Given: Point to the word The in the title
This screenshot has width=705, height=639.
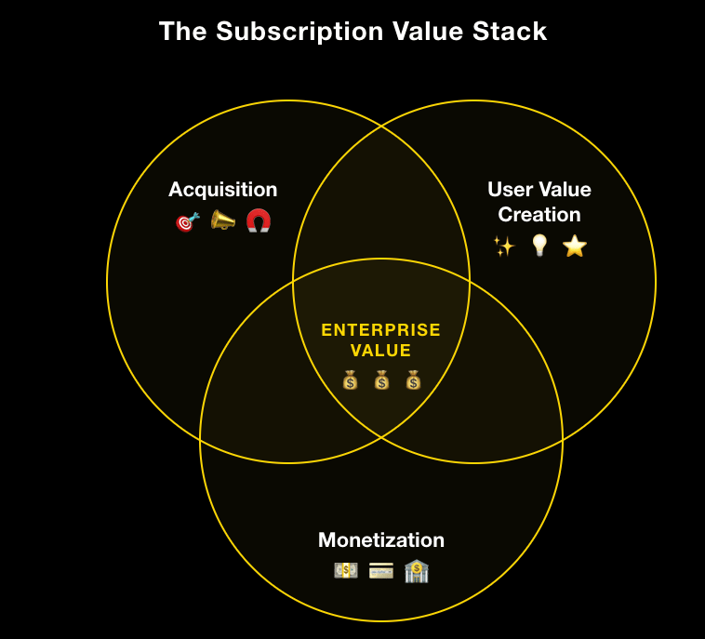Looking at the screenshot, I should (182, 32).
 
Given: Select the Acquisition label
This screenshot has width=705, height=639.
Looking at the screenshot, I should (222, 190).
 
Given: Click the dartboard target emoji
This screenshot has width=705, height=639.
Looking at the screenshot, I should (187, 221).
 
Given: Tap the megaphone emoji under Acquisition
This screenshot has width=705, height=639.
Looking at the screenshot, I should (222, 220).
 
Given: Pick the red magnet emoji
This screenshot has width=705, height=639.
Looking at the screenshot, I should (259, 220).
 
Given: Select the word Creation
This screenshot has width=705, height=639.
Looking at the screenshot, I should (539, 215).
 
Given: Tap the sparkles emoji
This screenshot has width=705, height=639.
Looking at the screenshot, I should (503, 246).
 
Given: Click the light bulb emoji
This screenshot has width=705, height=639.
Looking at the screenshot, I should (539, 246).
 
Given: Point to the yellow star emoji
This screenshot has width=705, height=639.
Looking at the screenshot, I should (575, 246).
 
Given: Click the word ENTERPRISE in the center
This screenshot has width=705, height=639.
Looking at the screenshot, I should (380, 330).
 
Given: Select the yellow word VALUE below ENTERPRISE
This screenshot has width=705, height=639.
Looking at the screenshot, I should (380, 351).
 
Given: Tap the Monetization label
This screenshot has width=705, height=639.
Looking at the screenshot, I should (381, 540).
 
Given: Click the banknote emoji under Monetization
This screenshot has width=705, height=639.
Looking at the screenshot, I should (345, 570).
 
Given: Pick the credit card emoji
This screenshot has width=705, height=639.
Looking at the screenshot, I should (381, 570).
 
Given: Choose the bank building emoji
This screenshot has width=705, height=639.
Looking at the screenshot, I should (417, 570).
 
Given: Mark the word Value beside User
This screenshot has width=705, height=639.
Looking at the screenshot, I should (565, 190).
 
